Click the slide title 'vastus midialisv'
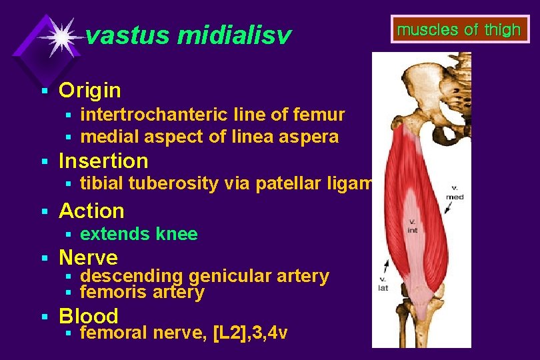pos(189,36)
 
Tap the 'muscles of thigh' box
pos(458,30)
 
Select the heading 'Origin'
pos(90,90)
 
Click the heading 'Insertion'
pos(103,161)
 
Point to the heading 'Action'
pos(91,211)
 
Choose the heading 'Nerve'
pos(88,257)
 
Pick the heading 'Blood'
pos(89,315)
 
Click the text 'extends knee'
pos(139,234)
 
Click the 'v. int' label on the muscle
pos(413,225)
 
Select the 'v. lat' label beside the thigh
pos(384,284)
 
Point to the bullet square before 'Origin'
pos(44,90)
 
